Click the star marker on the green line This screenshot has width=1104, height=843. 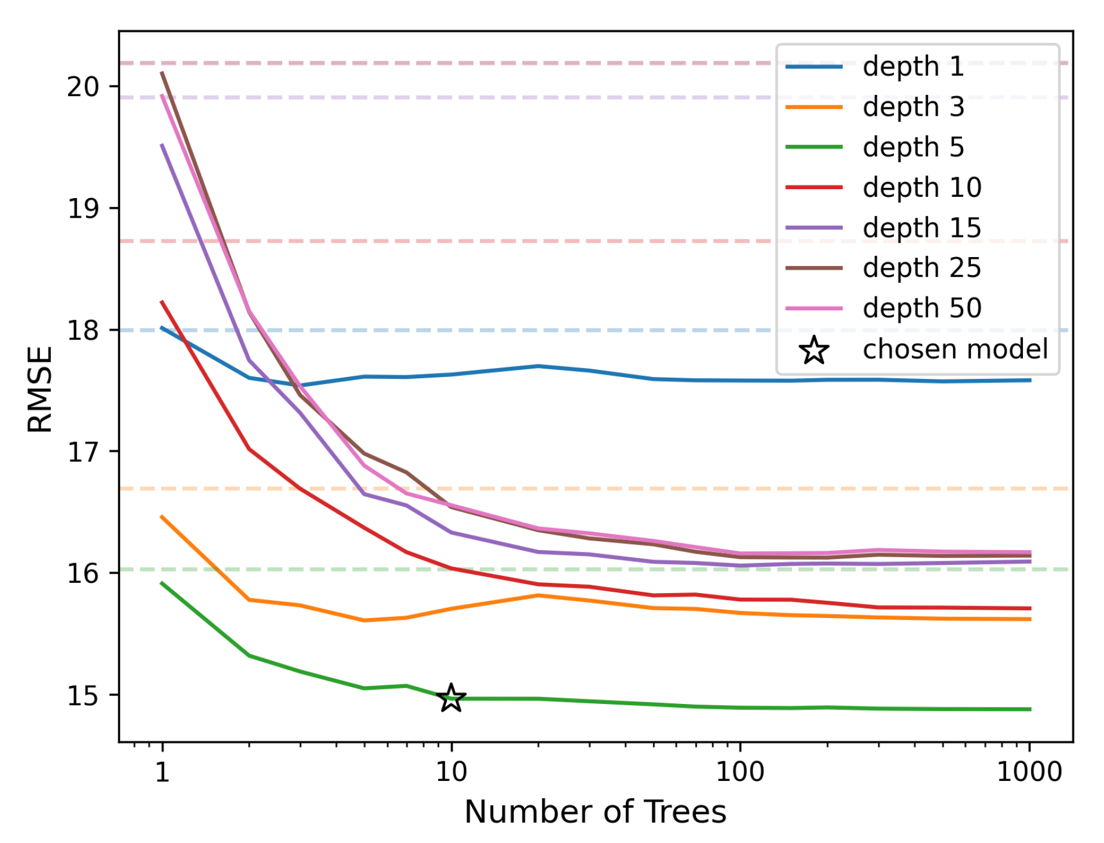[x=451, y=697]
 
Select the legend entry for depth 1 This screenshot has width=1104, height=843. [x=912, y=66]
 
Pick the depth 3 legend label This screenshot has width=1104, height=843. [x=912, y=107]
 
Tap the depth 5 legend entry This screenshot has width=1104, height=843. [x=912, y=147]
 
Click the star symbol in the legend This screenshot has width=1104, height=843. [x=814, y=350]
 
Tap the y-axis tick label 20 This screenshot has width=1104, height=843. [x=83, y=87]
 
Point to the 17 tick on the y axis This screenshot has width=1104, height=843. [x=83, y=452]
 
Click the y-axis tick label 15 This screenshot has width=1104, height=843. [x=83, y=696]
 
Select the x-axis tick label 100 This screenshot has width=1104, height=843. [x=740, y=773]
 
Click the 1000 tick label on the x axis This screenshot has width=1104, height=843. [x=1029, y=773]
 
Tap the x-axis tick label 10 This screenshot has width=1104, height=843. [x=451, y=773]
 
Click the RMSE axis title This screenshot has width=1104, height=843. [x=41, y=389]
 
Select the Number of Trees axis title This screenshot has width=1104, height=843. [x=595, y=812]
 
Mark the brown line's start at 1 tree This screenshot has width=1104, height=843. [x=162, y=73]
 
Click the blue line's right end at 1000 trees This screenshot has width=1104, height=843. [x=1029, y=380]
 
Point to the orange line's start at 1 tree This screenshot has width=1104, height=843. [x=162, y=517]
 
